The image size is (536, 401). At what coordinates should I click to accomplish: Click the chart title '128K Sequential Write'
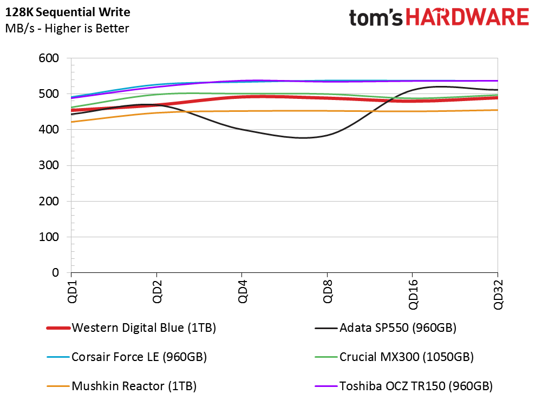[68, 12]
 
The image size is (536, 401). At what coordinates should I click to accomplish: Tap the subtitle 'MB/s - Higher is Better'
[67, 28]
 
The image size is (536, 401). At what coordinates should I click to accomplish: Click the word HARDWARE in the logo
[467, 17]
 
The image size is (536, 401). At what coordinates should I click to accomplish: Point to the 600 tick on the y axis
[49, 58]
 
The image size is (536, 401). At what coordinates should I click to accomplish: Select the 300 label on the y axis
[49, 165]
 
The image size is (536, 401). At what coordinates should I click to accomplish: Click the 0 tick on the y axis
[55, 273]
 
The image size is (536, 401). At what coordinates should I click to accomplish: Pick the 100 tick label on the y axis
[49, 237]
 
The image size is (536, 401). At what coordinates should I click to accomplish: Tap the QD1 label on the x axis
[72, 291]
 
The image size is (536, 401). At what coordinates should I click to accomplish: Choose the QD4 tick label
[243, 291]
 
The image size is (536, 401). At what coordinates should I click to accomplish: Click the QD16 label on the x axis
[413, 295]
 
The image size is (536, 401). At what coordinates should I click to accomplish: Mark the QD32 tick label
[498, 295]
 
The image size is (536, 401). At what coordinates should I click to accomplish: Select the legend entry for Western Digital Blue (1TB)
[131, 328]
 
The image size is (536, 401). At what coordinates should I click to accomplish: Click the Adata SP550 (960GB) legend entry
[385, 328]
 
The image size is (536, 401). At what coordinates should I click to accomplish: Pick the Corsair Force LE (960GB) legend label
[127, 357]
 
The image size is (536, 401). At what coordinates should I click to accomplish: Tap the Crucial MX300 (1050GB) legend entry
[394, 357]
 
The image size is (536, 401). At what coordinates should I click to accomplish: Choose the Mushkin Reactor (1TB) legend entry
[122, 386]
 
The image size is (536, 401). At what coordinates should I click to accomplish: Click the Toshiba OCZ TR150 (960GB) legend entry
[404, 386]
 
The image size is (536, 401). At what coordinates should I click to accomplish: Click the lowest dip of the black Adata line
[303, 138]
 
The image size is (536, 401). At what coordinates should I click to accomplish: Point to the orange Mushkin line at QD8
[327, 111]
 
